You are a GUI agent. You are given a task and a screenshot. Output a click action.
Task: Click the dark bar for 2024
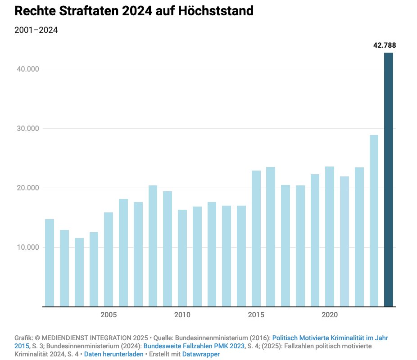[x=389, y=180]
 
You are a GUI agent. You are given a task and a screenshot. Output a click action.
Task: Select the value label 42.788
[x=384, y=45]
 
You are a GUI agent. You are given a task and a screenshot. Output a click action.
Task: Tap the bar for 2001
[x=50, y=263]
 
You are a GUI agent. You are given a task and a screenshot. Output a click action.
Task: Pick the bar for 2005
[x=109, y=260]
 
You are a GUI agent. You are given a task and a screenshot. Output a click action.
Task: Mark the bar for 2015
[x=256, y=239]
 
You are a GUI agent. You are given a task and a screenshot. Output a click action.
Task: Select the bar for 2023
[x=374, y=221]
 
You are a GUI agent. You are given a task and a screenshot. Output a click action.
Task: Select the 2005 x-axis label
[x=109, y=315]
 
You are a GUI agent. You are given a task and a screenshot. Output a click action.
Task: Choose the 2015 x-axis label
[x=256, y=315]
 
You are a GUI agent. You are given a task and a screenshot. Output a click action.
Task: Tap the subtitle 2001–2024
[x=36, y=31]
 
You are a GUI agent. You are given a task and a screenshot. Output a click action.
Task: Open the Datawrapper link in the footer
[x=201, y=355]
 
